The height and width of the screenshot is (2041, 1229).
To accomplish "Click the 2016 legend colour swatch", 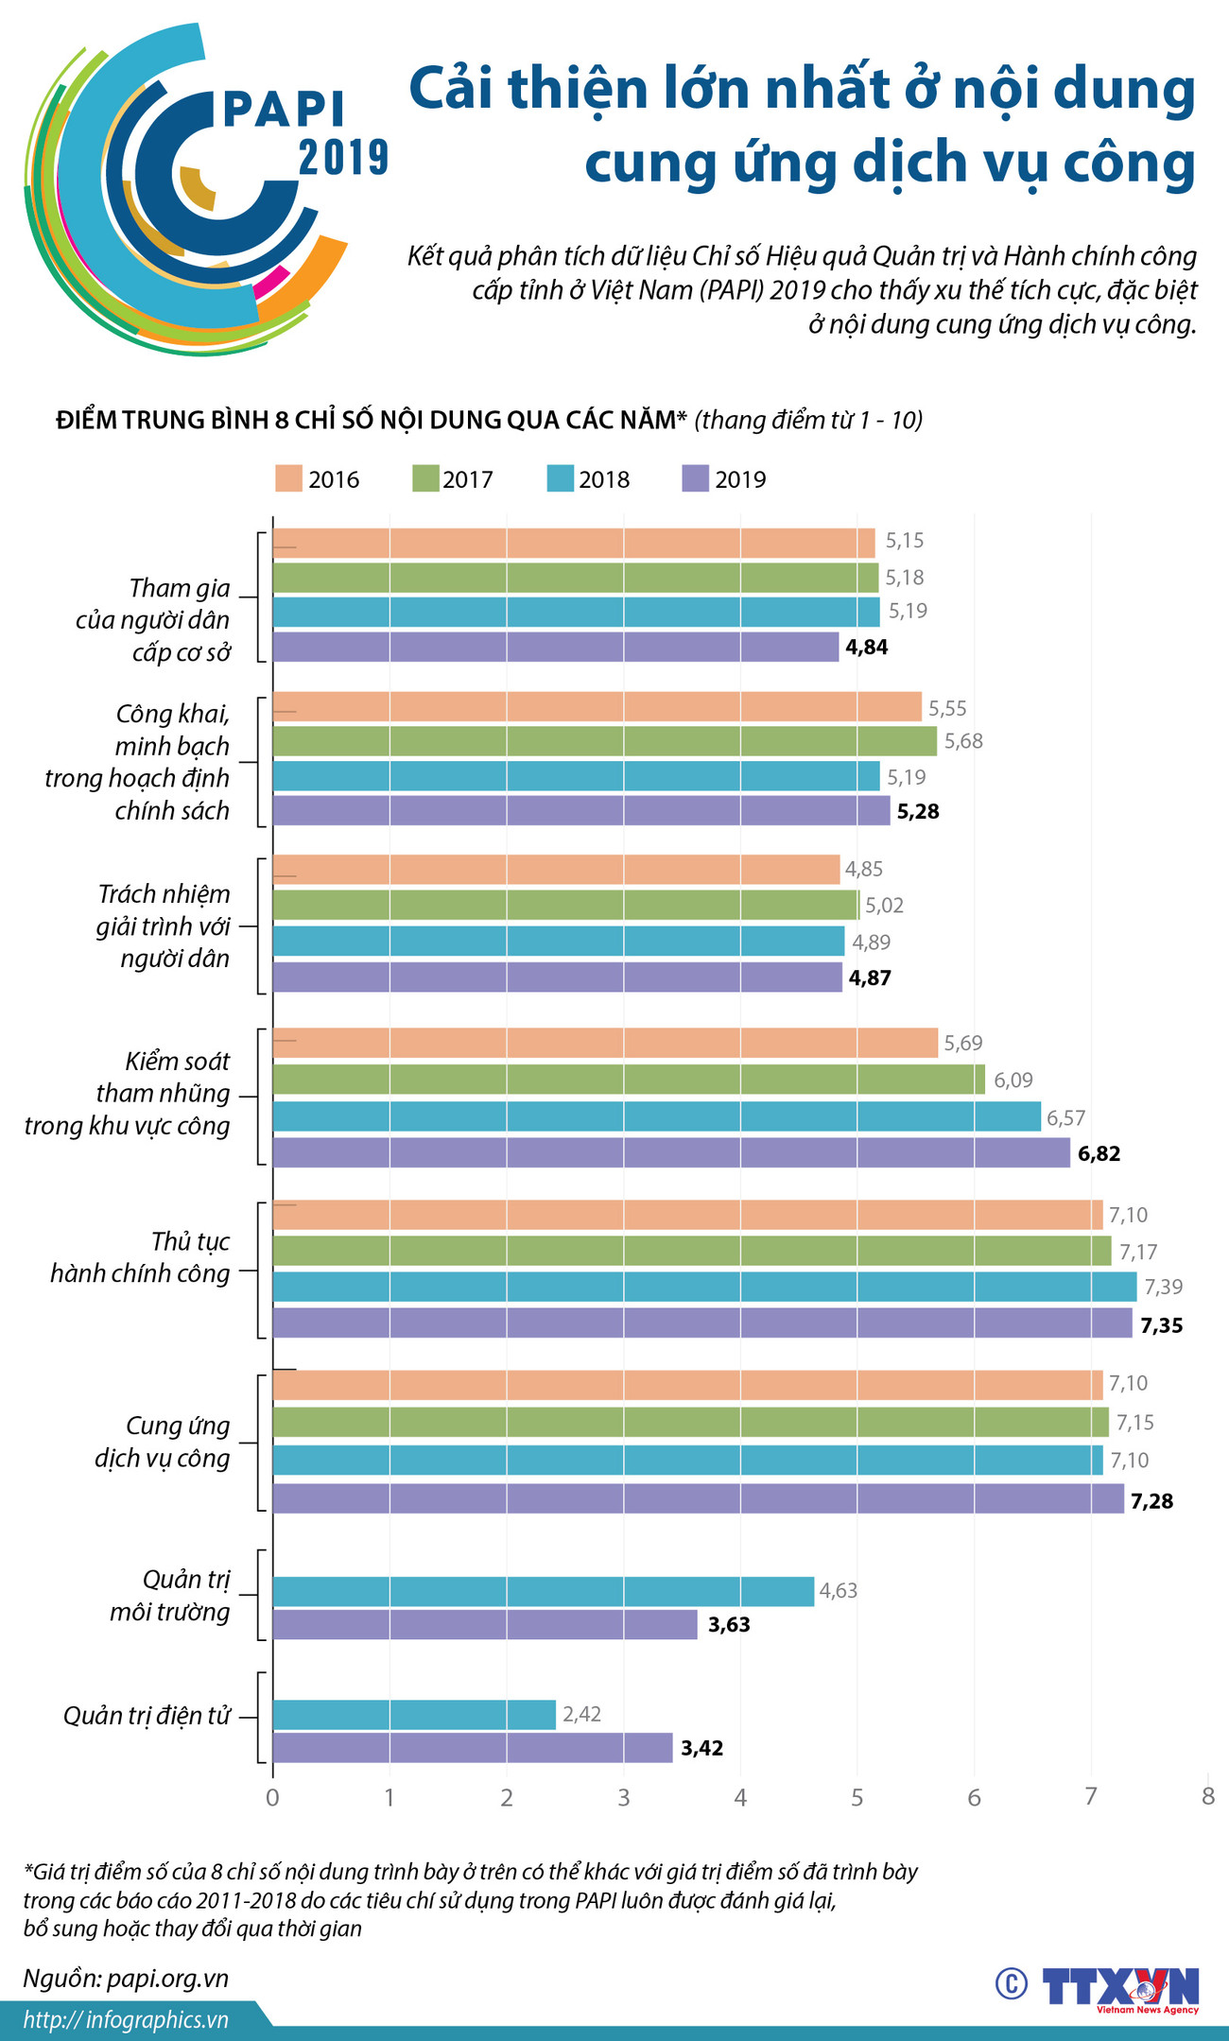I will tap(289, 478).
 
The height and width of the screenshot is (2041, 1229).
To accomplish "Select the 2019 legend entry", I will tap(724, 479).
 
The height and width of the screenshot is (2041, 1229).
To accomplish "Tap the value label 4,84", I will tap(867, 648).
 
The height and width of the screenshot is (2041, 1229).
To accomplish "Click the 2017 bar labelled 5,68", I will tap(604, 741).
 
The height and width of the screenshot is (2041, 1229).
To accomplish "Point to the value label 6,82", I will tap(1099, 1153).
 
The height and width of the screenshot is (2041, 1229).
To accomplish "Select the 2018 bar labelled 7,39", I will tap(704, 1287).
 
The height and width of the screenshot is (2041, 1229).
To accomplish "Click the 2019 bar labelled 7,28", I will tap(698, 1498).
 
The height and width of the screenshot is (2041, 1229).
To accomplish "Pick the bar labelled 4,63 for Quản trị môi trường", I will tap(543, 1591).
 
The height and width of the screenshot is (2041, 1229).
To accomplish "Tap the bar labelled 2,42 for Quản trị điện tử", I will tap(414, 1714).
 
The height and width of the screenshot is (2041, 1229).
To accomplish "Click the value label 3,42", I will tap(701, 1749).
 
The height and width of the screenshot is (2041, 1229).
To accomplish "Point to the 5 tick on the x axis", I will tap(857, 1798).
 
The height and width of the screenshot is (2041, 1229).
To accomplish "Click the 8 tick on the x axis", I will tap(1207, 1797).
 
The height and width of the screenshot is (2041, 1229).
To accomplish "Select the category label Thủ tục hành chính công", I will tap(141, 1257).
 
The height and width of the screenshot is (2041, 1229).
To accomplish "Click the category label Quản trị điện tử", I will tap(147, 1716).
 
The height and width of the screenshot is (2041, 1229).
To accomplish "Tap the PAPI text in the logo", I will tap(284, 110).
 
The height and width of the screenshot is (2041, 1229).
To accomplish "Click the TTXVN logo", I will tap(1121, 1984).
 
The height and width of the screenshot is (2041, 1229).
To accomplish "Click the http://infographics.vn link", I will tap(126, 2020).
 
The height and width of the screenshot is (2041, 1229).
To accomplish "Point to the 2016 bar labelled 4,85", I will tap(556, 870).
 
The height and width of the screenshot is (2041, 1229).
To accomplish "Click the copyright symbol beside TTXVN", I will tap(1012, 1983).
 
